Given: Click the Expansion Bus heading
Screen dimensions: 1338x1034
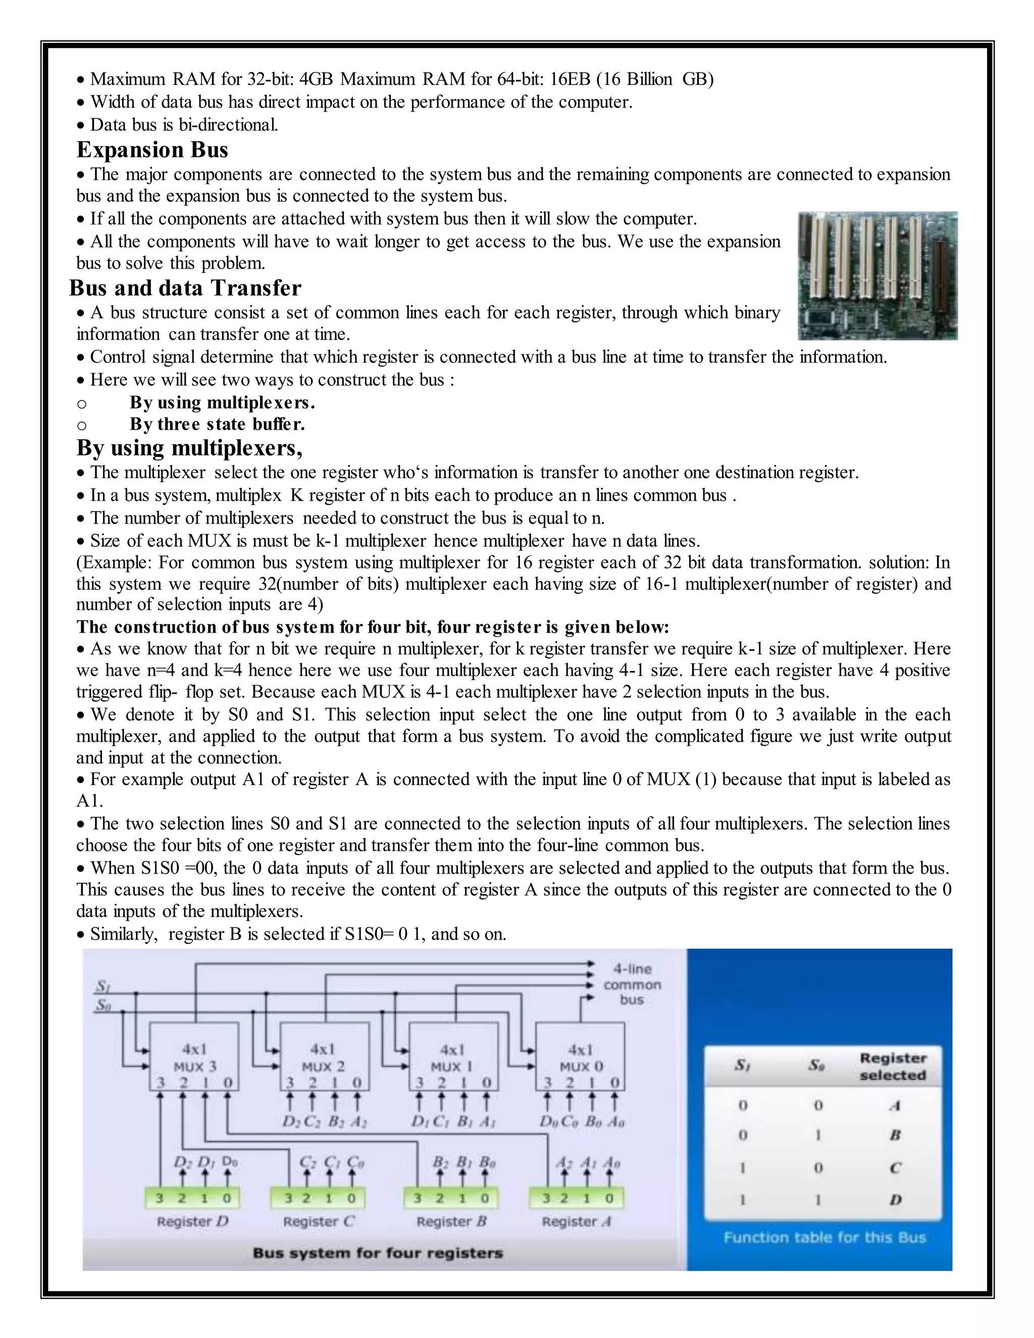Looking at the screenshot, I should click(x=152, y=149).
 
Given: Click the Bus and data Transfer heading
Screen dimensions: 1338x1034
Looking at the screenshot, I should click(x=185, y=288).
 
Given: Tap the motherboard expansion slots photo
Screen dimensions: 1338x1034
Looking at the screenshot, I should click(x=877, y=276).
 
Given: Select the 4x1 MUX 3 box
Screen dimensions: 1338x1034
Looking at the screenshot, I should click(x=195, y=1056).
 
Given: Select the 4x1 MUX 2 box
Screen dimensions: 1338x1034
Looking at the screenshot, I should click(x=324, y=1056).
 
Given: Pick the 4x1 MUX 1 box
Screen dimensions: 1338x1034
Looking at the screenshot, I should click(x=453, y=1056).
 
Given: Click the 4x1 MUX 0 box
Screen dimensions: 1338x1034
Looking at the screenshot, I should click(x=580, y=1056).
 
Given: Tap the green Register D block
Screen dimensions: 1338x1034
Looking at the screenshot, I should click(x=192, y=1198).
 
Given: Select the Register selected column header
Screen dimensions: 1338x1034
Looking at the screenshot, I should click(x=892, y=1066).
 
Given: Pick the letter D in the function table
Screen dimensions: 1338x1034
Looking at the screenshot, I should click(x=895, y=1200).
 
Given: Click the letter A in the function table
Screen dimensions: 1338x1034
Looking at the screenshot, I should click(x=895, y=1106).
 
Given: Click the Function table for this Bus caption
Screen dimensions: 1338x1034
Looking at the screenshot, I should click(x=824, y=1238).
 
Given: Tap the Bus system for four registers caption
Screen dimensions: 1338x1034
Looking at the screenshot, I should click(x=377, y=1253).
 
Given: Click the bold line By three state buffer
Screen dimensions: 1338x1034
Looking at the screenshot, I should click(x=217, y=424).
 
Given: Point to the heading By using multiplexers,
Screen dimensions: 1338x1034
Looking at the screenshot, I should click(x=189, y=448).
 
